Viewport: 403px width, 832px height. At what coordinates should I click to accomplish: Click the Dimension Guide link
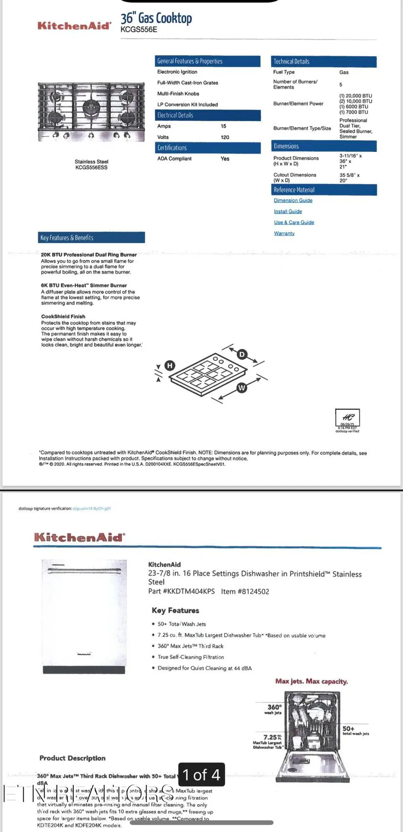(x=293, y=200)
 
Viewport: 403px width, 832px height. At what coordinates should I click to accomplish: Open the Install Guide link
(x=288, y=212)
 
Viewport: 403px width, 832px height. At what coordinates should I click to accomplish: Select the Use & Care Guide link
(x=294, y=222)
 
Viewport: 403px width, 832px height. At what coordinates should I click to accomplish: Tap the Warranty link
(x=284, y=234)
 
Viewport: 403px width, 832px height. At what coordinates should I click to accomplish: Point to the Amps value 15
(x=223, y=126)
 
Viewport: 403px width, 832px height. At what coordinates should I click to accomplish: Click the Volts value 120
(x=225, y=137)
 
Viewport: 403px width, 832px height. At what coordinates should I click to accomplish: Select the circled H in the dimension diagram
(x=170, y=365)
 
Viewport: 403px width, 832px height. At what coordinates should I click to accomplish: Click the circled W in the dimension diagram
(x=241, y=388)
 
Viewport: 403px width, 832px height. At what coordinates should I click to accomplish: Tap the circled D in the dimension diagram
(x=242, y=354)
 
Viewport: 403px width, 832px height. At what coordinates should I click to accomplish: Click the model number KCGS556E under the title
(x=139, y=29)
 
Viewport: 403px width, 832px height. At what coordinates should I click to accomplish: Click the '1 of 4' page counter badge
(x=201, y=774)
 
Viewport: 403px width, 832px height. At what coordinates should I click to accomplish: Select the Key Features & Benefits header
(x=91, y=237)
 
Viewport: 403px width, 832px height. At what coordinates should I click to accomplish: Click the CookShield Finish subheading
(x=63, y=317)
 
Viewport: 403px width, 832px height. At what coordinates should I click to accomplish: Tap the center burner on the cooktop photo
(x=91, y=106)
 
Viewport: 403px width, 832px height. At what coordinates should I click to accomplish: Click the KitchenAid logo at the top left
(x=74, y=25)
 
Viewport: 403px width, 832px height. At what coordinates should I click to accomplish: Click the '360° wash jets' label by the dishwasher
(x=274, y=709)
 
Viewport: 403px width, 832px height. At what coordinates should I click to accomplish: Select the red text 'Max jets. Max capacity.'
(x=311, y=681)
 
